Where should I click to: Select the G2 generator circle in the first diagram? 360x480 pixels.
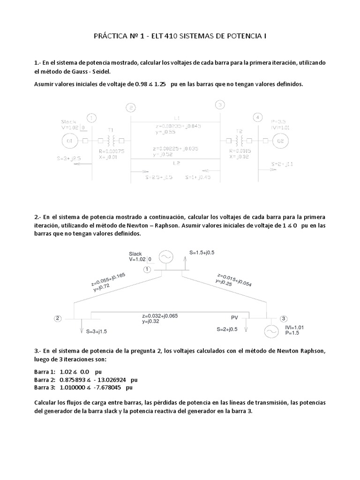coord(280,140)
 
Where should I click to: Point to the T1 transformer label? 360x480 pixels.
coord(111,129)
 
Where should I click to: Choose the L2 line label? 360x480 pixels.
coord(176,164)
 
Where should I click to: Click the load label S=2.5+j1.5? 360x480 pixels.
coord(159,177)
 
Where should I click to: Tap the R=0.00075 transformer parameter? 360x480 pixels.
coord(112,151)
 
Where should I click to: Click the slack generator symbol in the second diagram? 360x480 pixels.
coord(165,256)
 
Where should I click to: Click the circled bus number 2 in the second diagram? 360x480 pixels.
coord(57,318)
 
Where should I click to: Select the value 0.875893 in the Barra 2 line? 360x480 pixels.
coord(73,379)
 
